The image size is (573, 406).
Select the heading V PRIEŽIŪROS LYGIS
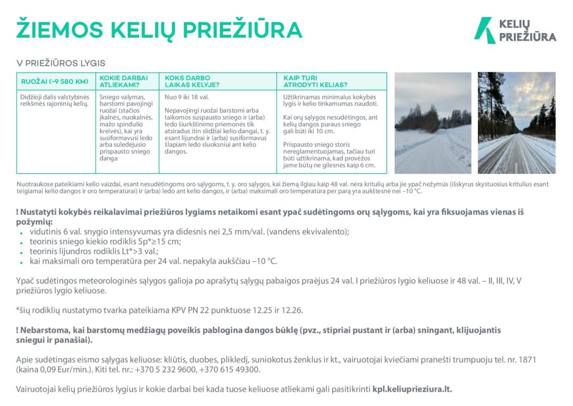pyautogui.click(x=61, y=63)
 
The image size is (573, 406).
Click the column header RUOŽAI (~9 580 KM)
pyautogui.click(x=54, y=81)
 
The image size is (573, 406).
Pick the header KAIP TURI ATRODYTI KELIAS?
pyautogui.click(x=315, y=81)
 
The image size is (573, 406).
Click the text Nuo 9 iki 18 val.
pyautogui.click(x=187, y=98)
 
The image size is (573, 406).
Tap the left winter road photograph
pyautogui.click(x=432, y=123)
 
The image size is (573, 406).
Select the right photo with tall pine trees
pyautogui.click(x=516, y=123)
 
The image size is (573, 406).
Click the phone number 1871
pyautogui.click(x=527, y=360)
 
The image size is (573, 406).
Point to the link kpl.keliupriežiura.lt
pyautogui.click(x=412, y=389)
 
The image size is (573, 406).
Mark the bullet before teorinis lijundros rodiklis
pyautogui.click(x=21, y=252)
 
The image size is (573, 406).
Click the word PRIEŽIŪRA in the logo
pyautogui.click(x=527, y=37)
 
